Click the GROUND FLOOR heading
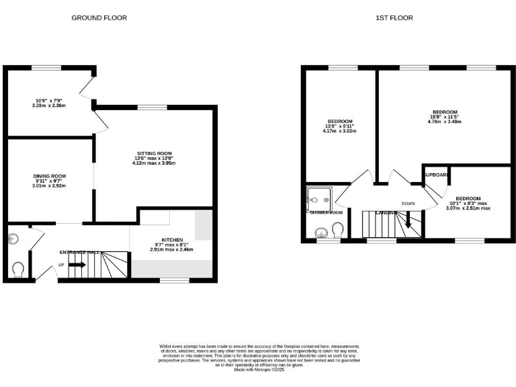click(x=99, y=17)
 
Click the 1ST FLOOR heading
click(x=394, y=17)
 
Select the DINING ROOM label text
click(x=50, y=176)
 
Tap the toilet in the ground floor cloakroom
click(x=18, y=269)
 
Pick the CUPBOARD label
click(x=436, y=175)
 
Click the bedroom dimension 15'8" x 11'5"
click(x=445, y=117)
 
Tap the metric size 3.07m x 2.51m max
click(x=468, y=208)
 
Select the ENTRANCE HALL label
click(x=79, y=252)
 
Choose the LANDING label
click(x=386, y=213)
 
